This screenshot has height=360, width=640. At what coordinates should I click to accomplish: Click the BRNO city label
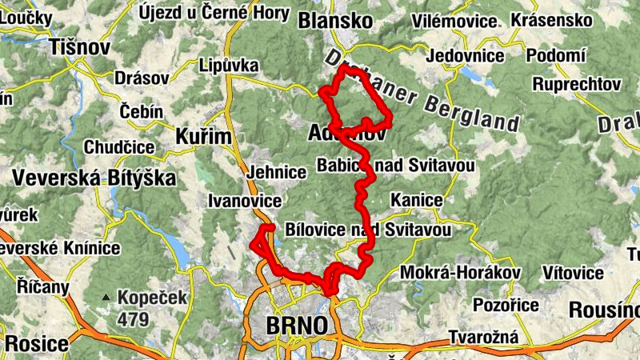coord(296,326)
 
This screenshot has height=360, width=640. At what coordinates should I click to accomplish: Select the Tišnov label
coord(78,47)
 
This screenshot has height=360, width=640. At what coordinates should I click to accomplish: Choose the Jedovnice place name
coord(465,55)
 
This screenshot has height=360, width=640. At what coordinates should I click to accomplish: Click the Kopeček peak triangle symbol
coord(105,298)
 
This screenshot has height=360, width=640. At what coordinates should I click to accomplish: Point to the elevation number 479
coord(133,319)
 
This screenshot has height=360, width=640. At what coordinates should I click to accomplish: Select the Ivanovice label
coord(244,200)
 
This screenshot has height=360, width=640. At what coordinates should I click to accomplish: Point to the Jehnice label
coord(277,172)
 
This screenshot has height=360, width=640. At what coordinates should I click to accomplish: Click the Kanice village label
coord(416,198)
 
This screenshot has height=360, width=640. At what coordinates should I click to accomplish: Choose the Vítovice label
coord(573,273)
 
